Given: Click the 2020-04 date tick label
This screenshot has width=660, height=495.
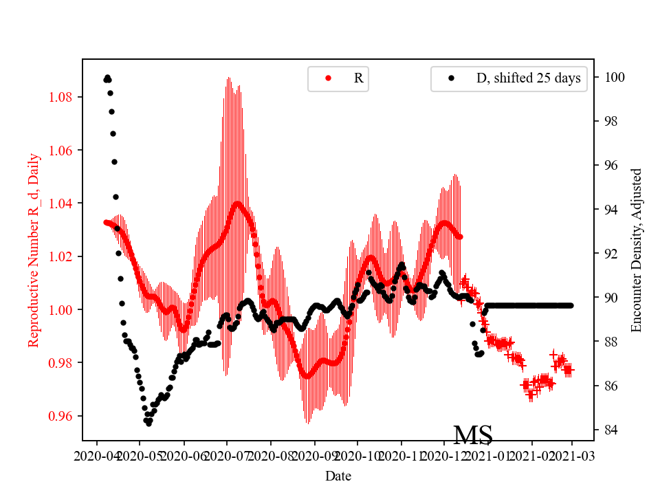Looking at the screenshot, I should [x=96, y=455].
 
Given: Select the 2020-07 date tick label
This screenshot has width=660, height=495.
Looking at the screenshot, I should [x=226, y=455].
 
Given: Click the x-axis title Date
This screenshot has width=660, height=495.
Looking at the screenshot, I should [x=338, y=475].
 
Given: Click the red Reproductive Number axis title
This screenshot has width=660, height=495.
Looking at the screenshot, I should [x=34, y=250].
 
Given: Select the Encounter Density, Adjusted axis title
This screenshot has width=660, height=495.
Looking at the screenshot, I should [x=636, y=250].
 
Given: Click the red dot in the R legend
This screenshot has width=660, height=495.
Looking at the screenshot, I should [x=328, y=78].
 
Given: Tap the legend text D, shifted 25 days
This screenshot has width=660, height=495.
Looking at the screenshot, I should [x=528, y=78].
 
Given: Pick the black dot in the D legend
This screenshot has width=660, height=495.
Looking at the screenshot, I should [x=451, y=78].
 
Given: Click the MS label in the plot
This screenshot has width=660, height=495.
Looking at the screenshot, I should [x=473, y=435].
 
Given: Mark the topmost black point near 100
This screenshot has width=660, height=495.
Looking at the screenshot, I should [x=107, y=78].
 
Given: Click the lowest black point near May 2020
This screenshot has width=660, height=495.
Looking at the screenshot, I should [x=148, y=423].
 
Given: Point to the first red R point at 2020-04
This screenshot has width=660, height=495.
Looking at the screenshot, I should [x=106, y=222].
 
